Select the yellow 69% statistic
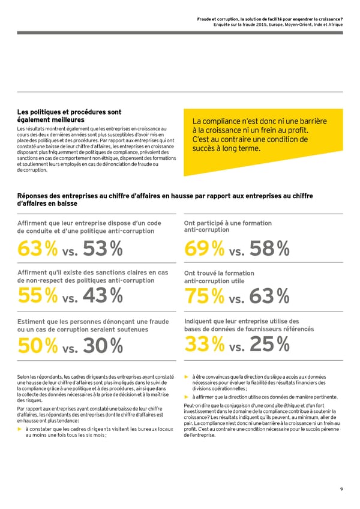click(203, 247)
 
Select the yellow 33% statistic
click(203, 343)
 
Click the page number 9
click(341, 489)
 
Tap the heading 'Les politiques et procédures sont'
click(70, 112)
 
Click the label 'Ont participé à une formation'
click(227, 223)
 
